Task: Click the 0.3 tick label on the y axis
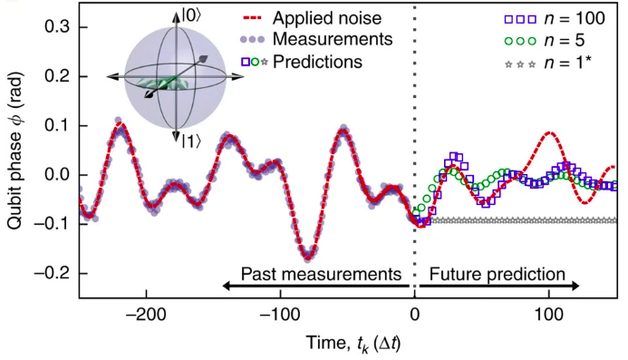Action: point(58,27)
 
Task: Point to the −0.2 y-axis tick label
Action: point(53,274)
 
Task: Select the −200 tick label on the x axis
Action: point(146,315)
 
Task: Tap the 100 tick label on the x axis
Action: point(548,315)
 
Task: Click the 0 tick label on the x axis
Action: point(414,315)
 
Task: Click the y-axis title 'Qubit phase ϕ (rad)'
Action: point(14,151)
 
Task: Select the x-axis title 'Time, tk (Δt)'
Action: point(353,343)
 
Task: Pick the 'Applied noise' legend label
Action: point(327,18)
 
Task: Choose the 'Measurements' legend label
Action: point(333,39)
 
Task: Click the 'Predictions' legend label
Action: point(317,62)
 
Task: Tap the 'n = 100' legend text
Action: point(575,18)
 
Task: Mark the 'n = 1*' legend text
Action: point(568,63)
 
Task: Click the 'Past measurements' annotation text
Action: point(321,274)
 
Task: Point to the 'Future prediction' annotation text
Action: point(498,274)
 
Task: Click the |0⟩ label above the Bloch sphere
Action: point(192,15)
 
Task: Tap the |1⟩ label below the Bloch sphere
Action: point(191,141)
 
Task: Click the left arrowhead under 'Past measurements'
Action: point(227,286)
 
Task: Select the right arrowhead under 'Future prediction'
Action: point(575,286)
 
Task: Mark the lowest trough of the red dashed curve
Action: point(307,257)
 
